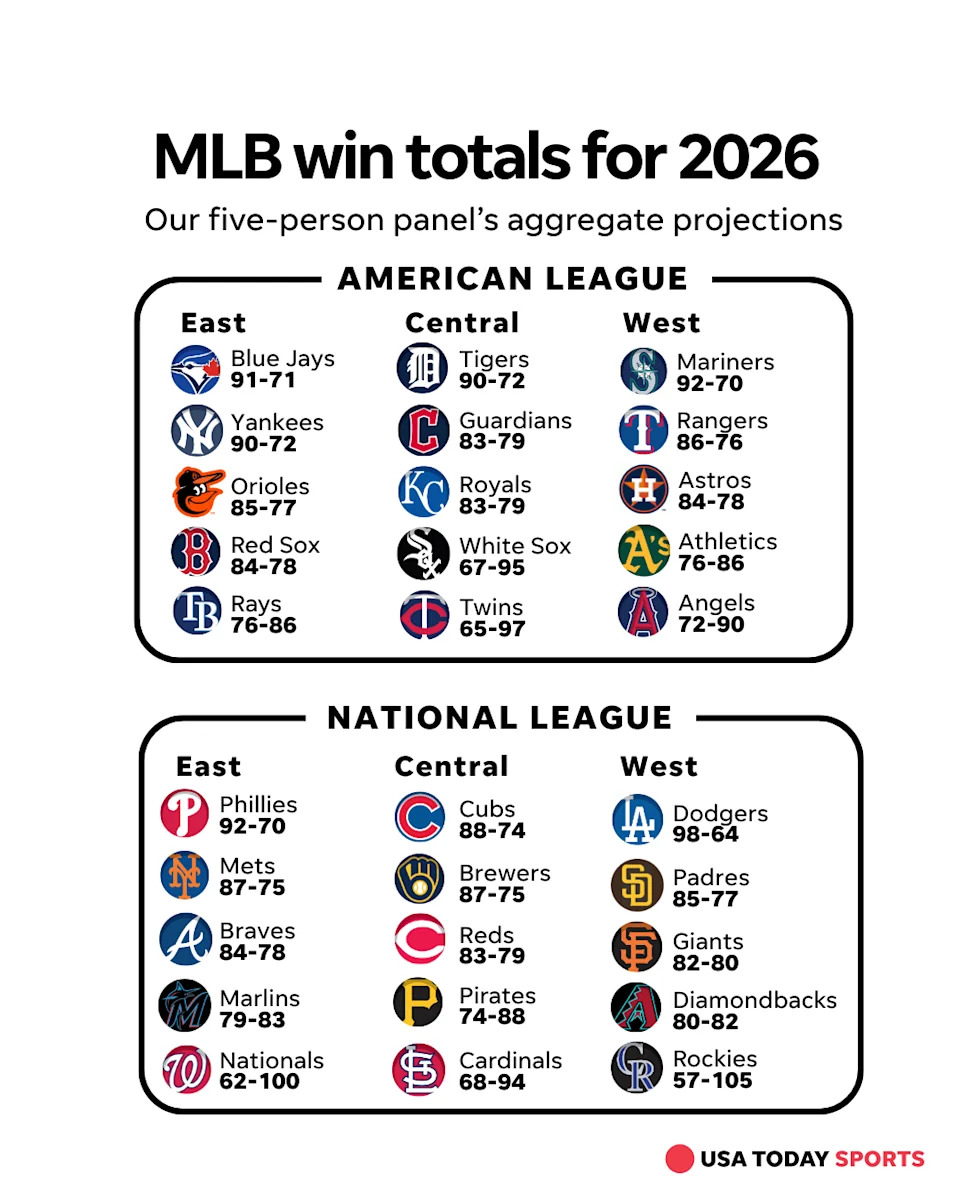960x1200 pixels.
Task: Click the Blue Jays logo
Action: coord(196,370)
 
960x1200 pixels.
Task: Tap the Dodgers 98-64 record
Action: coord(705,835)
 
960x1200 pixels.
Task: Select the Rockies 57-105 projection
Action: coord(712,1080)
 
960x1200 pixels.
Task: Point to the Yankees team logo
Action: coord(196,431)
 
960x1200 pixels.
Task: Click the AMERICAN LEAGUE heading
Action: coord(513,278)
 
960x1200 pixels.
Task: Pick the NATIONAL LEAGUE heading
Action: coord(500,718)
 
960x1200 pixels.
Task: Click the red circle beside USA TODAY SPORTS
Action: coord(679,1159)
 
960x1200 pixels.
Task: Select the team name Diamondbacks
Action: coord(754,1000)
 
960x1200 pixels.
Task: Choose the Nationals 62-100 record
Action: coord(259,1081)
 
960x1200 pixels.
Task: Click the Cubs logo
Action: coord(419,817)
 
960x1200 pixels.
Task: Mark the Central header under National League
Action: coord(451,766)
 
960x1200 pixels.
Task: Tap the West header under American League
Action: coord(661,323)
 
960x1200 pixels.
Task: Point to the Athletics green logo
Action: coord(643,550)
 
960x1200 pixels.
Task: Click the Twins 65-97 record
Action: coord(492,629)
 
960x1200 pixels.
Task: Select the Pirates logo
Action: coord(418,1003)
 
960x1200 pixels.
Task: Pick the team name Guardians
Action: coord(515,421)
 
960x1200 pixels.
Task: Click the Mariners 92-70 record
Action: coord(710,383)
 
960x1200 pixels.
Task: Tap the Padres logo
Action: coord(637,885)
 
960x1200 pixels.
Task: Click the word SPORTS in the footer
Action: coord(879,1159)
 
